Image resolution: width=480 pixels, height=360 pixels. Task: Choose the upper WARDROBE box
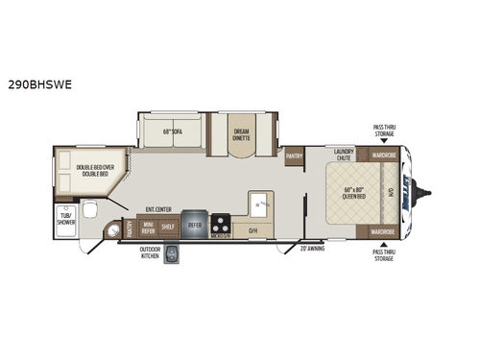click(x=383, y=154)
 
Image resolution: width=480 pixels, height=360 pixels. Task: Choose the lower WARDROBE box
click(x=383, y=231)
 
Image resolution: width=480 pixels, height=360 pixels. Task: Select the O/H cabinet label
click(x=252, y=230)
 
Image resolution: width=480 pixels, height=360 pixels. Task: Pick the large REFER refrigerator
click(x=195, y=225)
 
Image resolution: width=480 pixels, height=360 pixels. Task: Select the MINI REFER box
click(x=148, y=228)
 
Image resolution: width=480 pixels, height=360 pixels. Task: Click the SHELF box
click(x=168, y=228)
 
